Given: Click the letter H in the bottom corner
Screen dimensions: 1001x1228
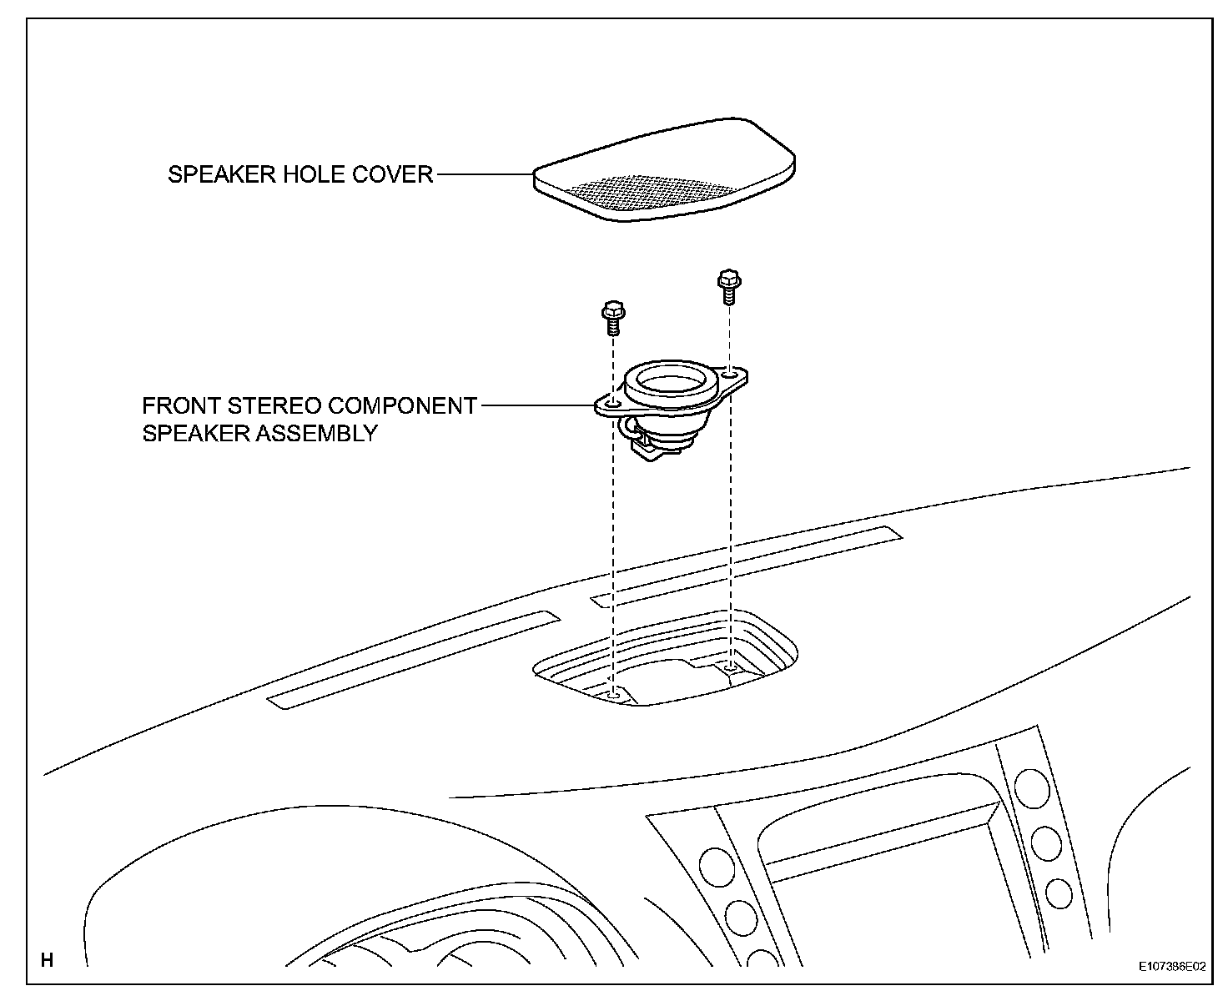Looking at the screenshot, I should pyautogui.click(x=48, y=960).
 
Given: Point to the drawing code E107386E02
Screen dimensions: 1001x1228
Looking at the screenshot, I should pyautogui.click(x=1172, y=967).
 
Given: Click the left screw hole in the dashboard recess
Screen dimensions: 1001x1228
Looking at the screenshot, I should pyautogui.click(x=614, y=694).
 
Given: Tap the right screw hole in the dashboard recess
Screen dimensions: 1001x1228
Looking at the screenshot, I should pyautogui.click(x=731, y=666).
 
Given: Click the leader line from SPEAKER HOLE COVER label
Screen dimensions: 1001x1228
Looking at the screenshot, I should pyautogui.click(x=485, y=175).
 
